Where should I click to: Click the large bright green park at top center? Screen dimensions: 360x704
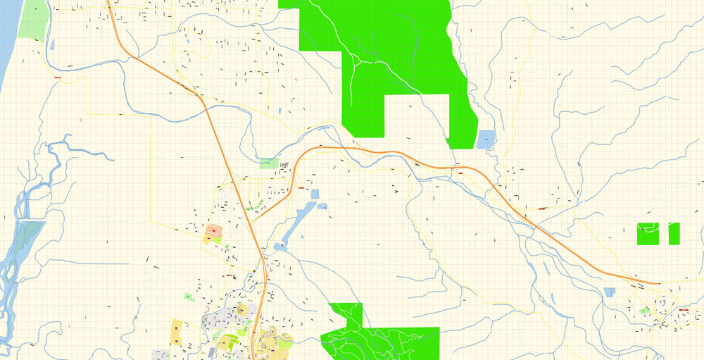click(394, 49)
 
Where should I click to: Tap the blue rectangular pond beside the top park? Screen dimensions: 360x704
click(486, 139)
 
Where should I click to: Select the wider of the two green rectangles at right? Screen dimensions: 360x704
click(651, 234)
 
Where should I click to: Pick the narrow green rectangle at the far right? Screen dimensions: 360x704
click(674, 234)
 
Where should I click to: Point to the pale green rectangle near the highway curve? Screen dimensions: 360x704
click(269, 163)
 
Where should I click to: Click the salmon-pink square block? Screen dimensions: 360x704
click(213, 230)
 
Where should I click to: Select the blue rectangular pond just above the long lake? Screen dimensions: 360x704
click(315, 193)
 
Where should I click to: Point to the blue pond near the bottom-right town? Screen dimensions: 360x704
click(610, 292)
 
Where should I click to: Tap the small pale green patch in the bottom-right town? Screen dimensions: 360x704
click(644, 310)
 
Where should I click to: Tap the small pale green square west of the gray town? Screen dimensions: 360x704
click(188, 297)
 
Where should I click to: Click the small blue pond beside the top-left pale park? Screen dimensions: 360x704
click(52, 44)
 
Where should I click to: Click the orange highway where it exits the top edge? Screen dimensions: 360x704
click(108, 3)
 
